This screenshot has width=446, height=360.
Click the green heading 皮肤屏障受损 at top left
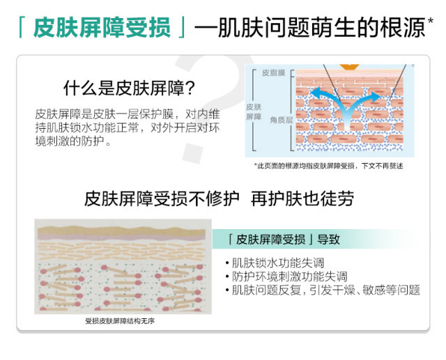[x=101, y=29]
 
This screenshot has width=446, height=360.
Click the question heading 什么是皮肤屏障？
[x=129, y=88]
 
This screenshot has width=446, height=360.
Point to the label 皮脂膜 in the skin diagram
[x=272, y=72]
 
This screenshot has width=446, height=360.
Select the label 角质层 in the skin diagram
[x=280, y=119]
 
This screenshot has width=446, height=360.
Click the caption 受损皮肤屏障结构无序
[x=119, y=322]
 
